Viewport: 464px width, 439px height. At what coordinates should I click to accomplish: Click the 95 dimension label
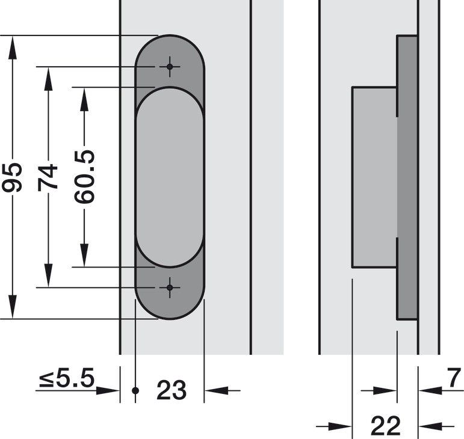[x=12, y=177]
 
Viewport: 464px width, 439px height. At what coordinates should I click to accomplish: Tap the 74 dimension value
[x=48, y=177]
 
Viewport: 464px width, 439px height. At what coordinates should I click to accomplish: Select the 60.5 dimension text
[x=84, y=177]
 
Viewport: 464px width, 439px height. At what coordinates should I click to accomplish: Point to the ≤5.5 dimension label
[x=67, y=378]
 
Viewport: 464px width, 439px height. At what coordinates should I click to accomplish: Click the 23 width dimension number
[x=172, y=390]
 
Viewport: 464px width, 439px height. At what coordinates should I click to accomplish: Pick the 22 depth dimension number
[x=386, y=426]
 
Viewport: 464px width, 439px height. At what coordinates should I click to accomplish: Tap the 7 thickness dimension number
[x=454, y=378]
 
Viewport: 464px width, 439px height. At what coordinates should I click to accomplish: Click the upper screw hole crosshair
[x=170, y=67]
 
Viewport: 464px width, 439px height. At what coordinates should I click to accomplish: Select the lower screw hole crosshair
[x=170, y=287]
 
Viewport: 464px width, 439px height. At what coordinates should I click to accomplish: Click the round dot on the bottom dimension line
[x=135, y=390]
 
